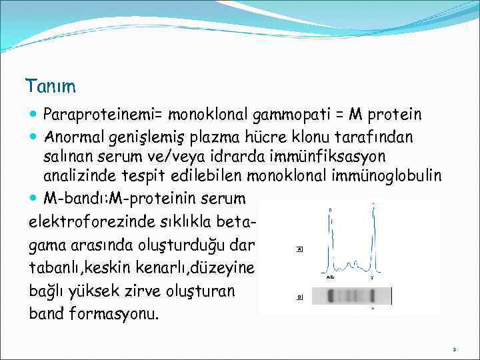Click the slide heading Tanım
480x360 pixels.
point(51,87)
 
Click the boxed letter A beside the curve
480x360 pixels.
point(299,249)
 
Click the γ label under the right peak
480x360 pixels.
point(371,275)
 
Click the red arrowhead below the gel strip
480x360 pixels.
point(373,309)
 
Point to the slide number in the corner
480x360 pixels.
point(454,348)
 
